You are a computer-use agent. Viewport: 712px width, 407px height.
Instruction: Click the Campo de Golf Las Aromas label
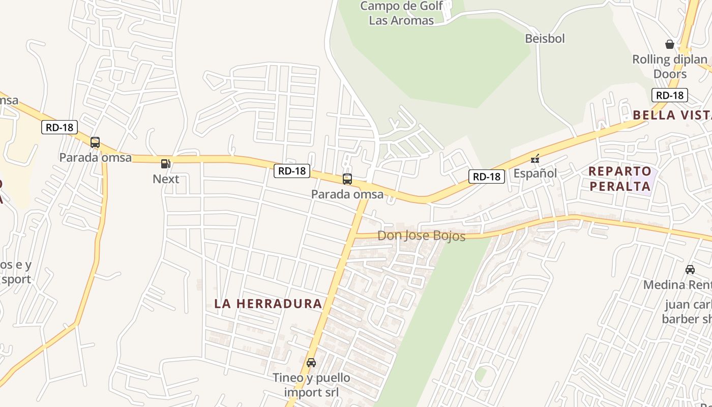(402, 13)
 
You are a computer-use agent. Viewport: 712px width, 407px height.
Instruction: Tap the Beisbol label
(545, 39)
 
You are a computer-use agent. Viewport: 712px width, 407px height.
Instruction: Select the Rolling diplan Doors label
(670, 67)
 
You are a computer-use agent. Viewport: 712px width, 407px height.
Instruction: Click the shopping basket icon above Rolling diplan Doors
(670, 44)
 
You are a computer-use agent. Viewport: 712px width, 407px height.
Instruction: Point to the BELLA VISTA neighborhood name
(671, 115)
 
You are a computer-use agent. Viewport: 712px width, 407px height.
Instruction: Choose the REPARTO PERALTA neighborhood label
(620, 179)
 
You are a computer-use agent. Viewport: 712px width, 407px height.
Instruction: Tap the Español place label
(535, 173)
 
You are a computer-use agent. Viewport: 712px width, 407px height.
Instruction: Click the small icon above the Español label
(535, 159)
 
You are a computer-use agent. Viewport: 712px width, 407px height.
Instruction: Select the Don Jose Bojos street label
(421, 236)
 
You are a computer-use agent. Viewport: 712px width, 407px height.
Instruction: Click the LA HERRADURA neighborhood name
(268, 304)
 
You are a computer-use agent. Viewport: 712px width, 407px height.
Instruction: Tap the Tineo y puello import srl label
(311, 385)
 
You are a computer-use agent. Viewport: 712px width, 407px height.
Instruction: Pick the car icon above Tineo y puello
(311, 363)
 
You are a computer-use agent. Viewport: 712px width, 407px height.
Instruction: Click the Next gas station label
(166, 179)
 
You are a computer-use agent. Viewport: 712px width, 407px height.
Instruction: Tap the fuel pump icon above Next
(165, 164)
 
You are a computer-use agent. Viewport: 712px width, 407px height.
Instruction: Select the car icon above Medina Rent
(690, 270)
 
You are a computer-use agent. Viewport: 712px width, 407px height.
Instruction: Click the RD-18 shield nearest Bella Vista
(669, 95)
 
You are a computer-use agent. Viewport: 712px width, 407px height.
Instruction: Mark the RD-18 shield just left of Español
(487, 177)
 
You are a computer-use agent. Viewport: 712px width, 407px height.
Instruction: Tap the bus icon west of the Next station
(95, 142)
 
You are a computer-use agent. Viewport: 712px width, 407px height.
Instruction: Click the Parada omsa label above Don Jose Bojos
(347, 194)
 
